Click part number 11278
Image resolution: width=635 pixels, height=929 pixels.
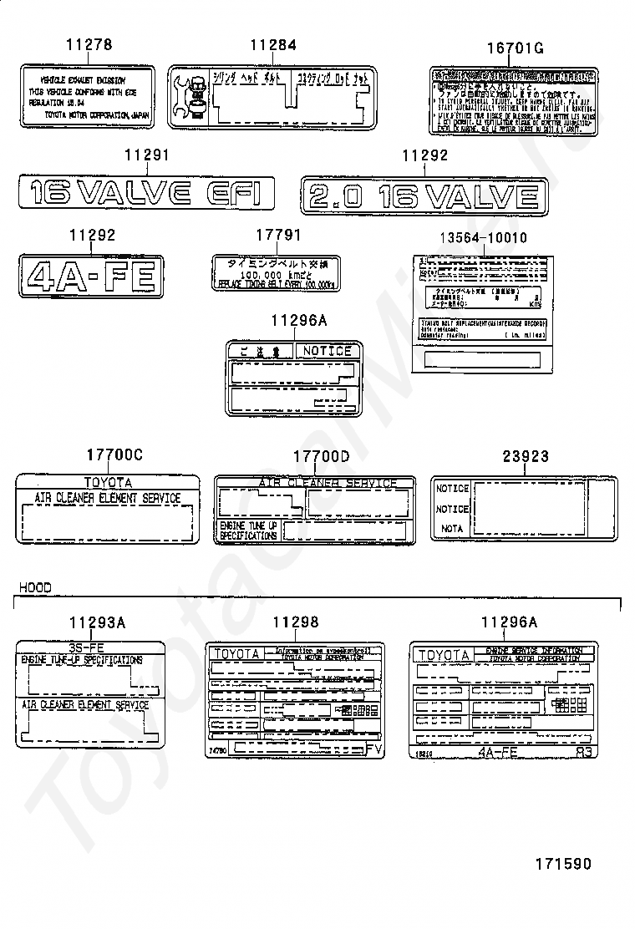tap(89, 44)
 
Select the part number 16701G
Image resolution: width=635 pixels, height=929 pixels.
tap(515, 48)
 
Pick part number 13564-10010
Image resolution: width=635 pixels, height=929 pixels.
tap(484, 238)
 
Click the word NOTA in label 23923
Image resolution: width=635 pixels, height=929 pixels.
tap(451, 529)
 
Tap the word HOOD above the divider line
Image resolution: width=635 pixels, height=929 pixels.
tap(35, 587)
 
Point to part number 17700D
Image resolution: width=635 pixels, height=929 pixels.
tap(321, 455)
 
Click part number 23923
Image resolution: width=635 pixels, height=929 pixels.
tap(526, 456)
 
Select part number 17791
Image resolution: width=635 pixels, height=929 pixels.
tap(278, 236)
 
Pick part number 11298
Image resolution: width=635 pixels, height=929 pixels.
tap(296, 622)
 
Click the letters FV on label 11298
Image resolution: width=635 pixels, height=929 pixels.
tap(373, 750)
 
